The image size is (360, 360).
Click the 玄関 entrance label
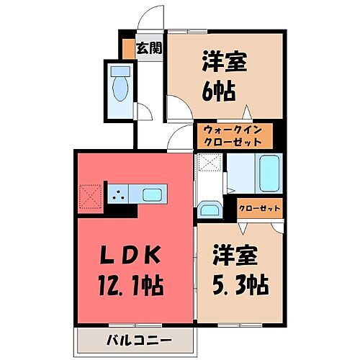click(150, 49)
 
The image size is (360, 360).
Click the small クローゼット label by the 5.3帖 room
click(260, 210)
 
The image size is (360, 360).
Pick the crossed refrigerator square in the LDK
click(89, 195)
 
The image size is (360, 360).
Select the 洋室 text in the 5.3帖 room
click(234, 256)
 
